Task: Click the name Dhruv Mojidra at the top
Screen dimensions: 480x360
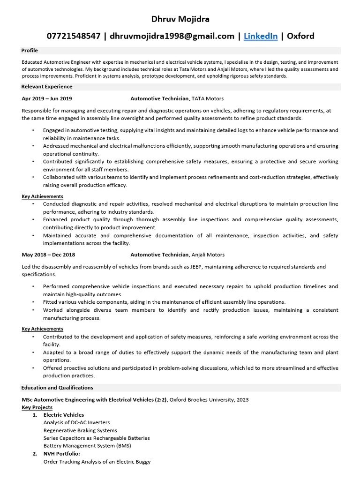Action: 180,19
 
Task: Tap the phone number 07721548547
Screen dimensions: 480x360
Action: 73,36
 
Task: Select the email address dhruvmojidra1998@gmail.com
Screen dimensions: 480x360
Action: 172,36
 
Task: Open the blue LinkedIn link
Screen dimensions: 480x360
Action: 260,36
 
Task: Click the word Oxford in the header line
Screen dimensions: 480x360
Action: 300,36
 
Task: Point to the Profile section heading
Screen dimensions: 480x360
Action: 30,50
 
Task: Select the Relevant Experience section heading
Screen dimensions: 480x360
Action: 47,87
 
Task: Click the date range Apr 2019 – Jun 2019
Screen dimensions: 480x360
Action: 47,99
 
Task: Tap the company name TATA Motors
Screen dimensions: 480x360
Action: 208,99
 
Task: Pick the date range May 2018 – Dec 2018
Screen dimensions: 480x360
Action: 48,255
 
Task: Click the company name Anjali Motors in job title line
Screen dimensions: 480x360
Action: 208,255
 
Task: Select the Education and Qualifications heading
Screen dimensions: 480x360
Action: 57,388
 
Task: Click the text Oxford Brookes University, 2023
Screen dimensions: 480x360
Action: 209,400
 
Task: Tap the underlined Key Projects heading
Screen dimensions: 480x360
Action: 37,407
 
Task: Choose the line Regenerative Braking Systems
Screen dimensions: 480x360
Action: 80,430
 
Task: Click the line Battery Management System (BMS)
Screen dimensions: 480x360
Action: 87,446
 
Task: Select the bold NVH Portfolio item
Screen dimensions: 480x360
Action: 61,454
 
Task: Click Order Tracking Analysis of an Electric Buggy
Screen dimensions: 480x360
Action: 97,462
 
